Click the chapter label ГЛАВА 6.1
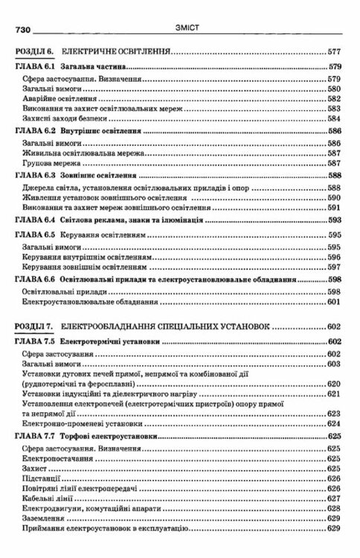(37, 68)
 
